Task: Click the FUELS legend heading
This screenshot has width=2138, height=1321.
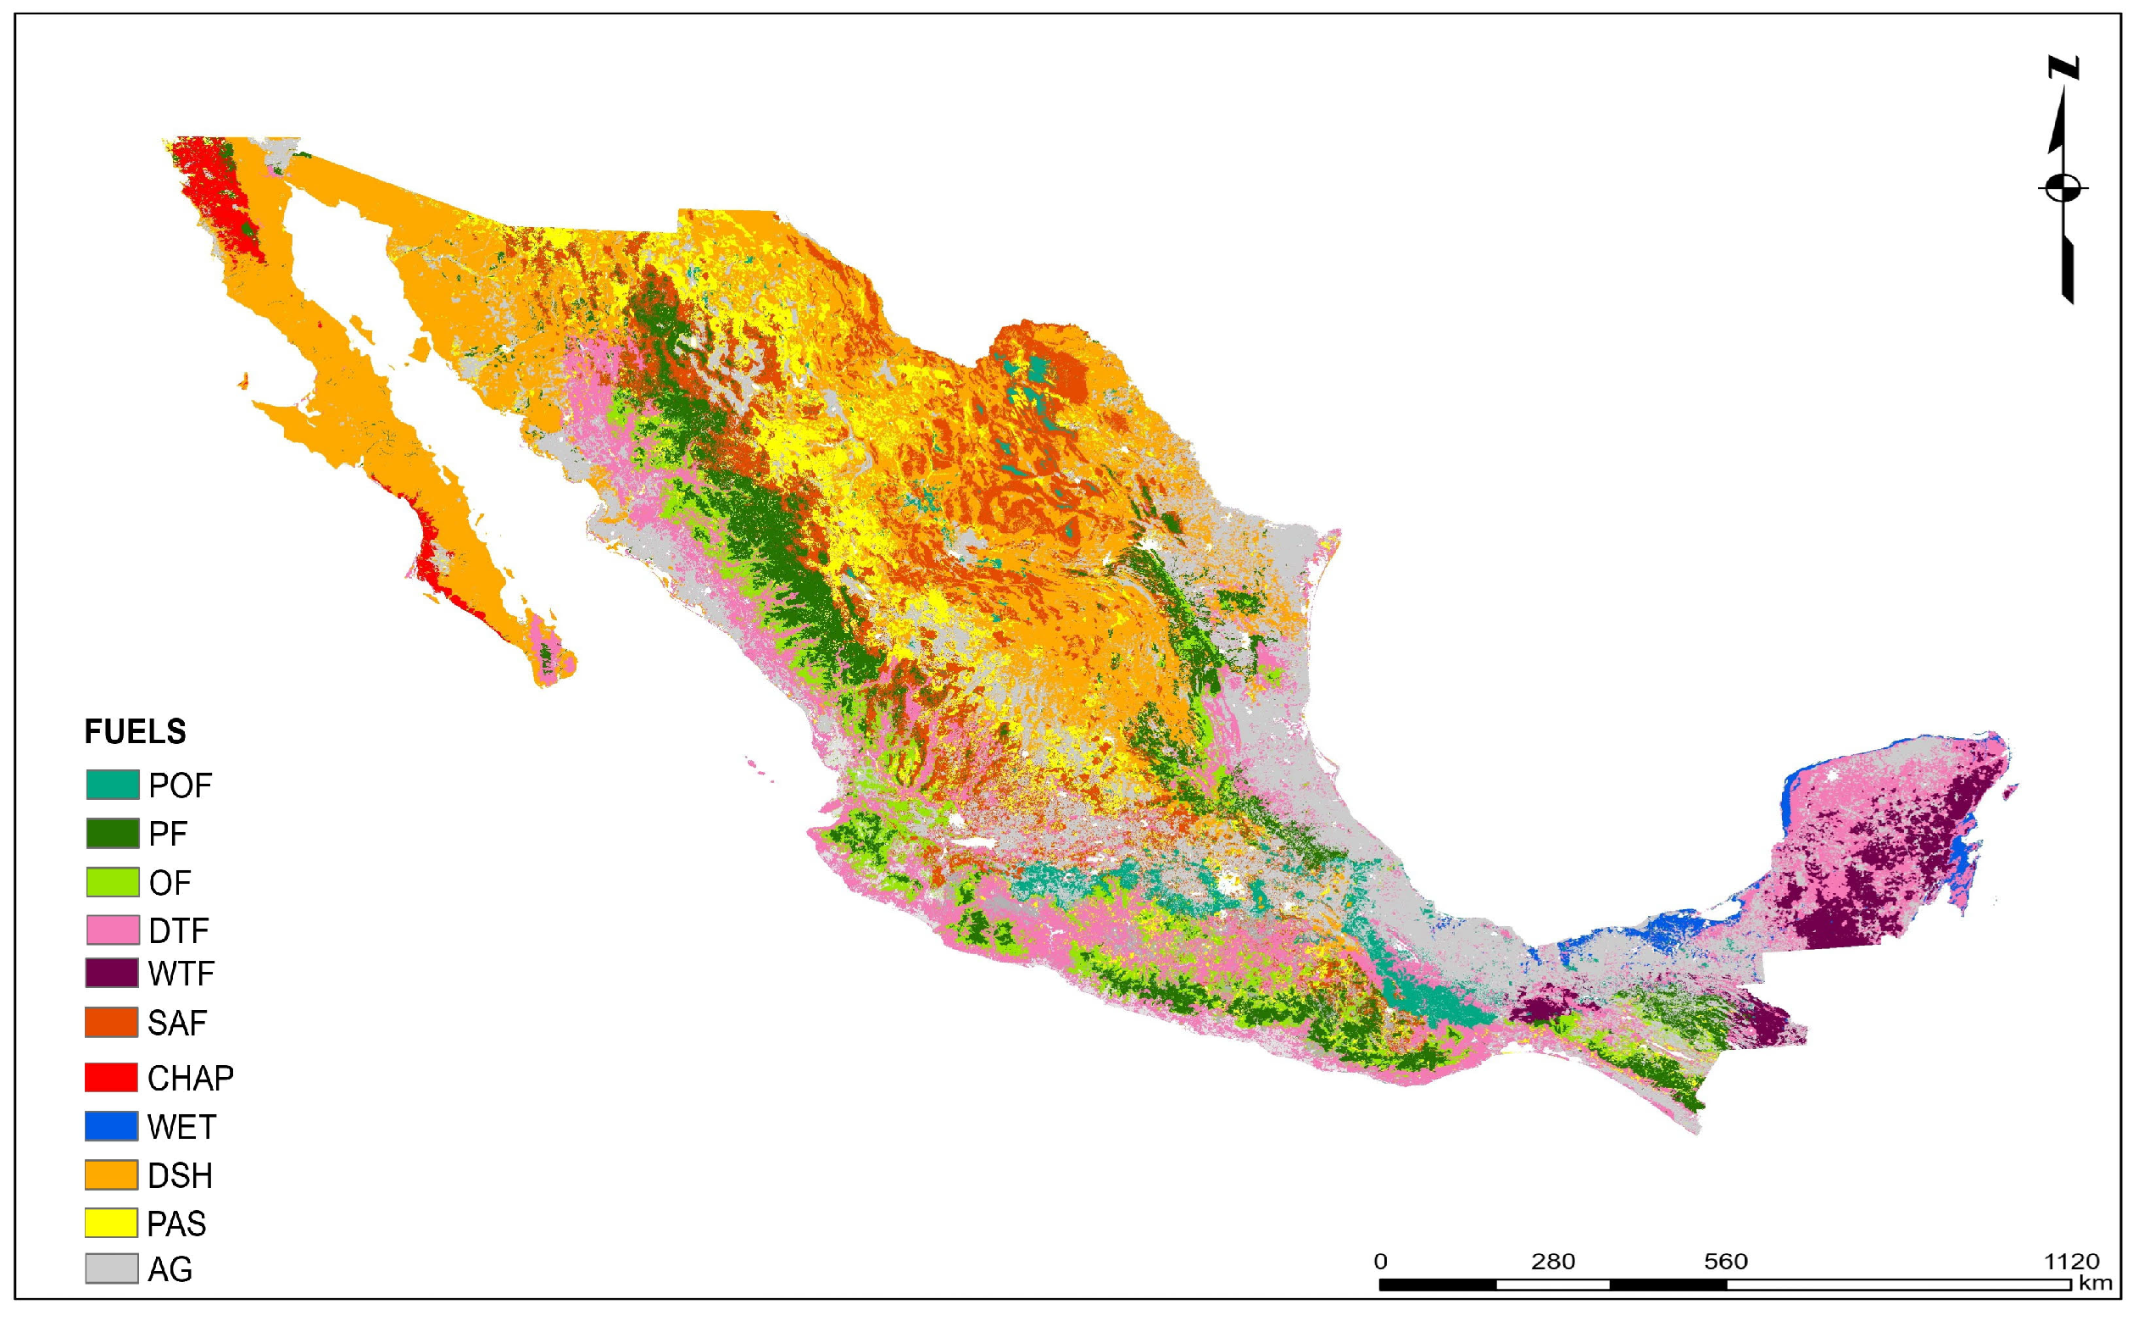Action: click(x=135, y=732)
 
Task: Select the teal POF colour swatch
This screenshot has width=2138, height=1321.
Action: click(x=112, y=785)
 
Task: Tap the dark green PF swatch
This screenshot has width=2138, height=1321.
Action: click(x=112, y=834)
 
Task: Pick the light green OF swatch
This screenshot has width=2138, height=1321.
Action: click(x=112, y=882)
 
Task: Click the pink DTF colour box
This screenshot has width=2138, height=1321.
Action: click(x=112, y=930)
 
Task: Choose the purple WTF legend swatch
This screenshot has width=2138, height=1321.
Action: click(x=111, y=974)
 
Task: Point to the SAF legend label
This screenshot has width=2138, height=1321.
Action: click(x=177, y=1023)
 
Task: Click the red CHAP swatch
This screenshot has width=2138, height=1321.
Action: click(x=111, y=1077)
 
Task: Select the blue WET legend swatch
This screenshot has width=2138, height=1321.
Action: click(x=111, y=1126)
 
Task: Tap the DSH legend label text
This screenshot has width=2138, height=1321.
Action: click(x=180, y=1176)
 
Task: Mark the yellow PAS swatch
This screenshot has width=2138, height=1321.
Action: click(x=111, y=1224)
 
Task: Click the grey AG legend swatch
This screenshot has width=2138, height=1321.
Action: click(x=111, y=1269)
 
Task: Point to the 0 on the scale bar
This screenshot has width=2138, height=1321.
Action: click(x=1380, y=1262)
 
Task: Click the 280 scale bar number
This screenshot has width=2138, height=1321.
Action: click(x=1552, y=1262)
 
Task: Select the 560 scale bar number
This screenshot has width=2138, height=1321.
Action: click(x=1725, y=1262)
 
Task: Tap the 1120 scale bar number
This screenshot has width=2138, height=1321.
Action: click(x=2071, y=1262)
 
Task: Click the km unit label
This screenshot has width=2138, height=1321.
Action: click(x=2095, y=1284)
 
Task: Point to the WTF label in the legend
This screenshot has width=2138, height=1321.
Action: click(x=181, y=974)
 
